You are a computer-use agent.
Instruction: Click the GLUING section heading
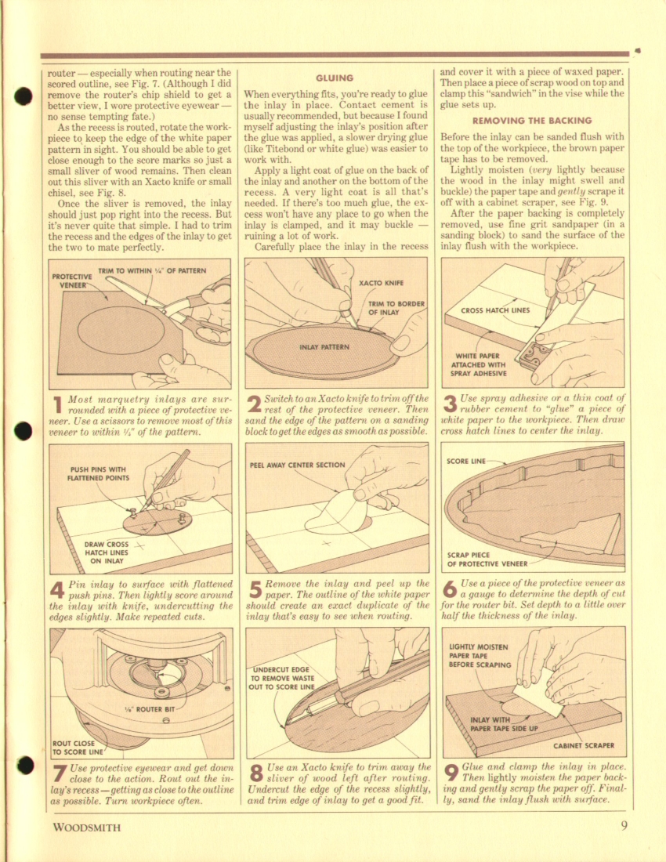[334, 78]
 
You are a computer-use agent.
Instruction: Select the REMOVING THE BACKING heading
[532, 121]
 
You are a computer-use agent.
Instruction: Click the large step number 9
[451, 773]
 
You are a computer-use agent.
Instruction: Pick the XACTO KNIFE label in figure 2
[381, 283]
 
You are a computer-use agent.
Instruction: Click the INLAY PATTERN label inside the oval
[324, 347]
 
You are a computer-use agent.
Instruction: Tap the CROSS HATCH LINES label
[495, 310]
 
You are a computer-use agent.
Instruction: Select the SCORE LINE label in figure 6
[466, 461]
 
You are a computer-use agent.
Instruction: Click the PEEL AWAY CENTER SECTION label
[297, 465]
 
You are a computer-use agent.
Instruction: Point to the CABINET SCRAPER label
[584, 745]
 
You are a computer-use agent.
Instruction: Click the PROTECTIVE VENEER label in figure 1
[72, 281]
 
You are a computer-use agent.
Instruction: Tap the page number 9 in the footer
[624, 826]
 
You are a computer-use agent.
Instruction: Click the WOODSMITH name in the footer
[86, 827]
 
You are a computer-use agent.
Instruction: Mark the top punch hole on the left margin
[23, 96]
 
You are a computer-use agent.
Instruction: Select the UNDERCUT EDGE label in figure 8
[281, 679]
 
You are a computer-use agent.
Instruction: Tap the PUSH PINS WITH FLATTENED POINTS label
[99, 474]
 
